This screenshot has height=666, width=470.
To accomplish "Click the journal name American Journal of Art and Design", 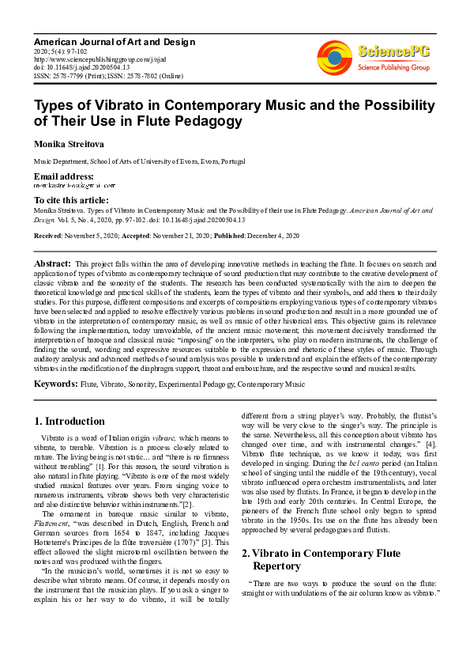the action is [114, 41].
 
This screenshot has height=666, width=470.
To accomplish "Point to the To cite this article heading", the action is [72, 200].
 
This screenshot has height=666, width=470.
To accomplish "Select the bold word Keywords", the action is [55, 384].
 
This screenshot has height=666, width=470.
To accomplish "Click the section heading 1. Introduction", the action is [70, 421].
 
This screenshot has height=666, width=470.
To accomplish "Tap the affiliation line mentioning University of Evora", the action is [139, 161].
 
